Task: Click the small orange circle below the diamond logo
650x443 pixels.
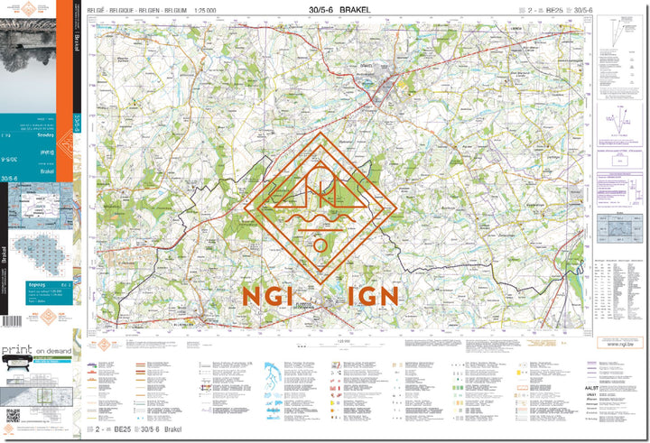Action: (x=320, y=244)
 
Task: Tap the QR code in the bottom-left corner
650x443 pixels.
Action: (x=13, y=416)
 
